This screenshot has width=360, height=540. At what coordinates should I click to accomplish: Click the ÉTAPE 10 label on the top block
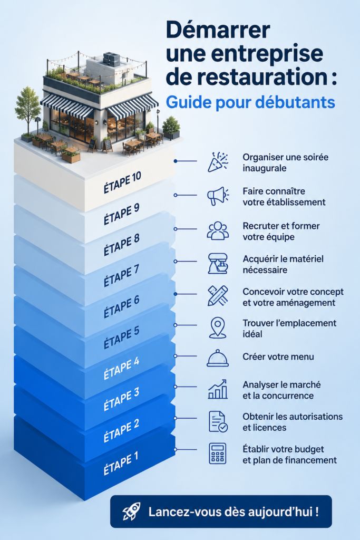click(122, 182)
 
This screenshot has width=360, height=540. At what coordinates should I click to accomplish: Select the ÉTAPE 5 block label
click(121, 337)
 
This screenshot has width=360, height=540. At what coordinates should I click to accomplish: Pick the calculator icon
click(218, 454)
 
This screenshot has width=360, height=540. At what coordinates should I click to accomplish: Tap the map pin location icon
click(218, 328)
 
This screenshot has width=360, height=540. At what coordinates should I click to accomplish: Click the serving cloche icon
click(218, 358)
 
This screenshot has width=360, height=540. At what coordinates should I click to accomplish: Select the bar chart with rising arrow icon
click(218, 389)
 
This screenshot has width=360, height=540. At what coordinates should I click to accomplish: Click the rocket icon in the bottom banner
click(131, 511)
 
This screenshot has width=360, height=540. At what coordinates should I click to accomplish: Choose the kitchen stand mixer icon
click(218, 264)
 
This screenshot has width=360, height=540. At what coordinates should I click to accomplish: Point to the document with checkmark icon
click(218, 421)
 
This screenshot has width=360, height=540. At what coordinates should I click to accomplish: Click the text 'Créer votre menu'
click(278, 356)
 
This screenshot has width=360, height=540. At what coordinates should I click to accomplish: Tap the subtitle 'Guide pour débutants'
click(250, 102)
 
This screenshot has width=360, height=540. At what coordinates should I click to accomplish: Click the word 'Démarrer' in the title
click(218, 30)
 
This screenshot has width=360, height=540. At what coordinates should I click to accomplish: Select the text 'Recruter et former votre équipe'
click(281, 232)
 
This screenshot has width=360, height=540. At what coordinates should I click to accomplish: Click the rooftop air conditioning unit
click(111, 59)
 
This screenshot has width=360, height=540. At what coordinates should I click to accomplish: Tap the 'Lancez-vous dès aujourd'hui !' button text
click(233, 512)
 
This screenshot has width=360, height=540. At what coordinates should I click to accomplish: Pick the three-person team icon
click(218, 230)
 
